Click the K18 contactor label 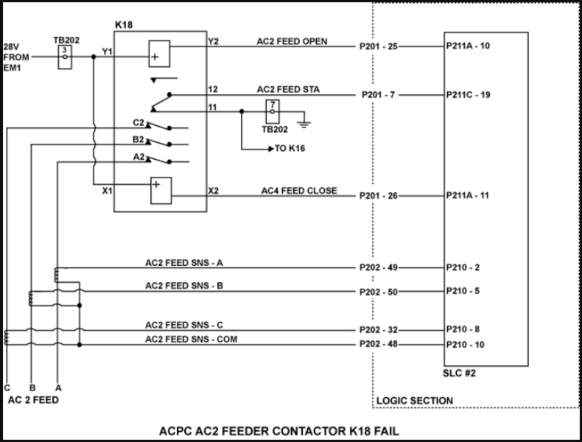(x=123, y=25)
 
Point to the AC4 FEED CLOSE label (x=299, y=191)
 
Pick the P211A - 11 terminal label (x=468, y=195)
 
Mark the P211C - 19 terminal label (x=469, y=95)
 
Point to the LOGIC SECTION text (x=415, y=401)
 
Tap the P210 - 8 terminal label (x=463, y=329)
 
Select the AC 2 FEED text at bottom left (x=32, y=400)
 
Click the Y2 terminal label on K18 (x=214, y=41)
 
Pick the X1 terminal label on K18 (x=107, y=191)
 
